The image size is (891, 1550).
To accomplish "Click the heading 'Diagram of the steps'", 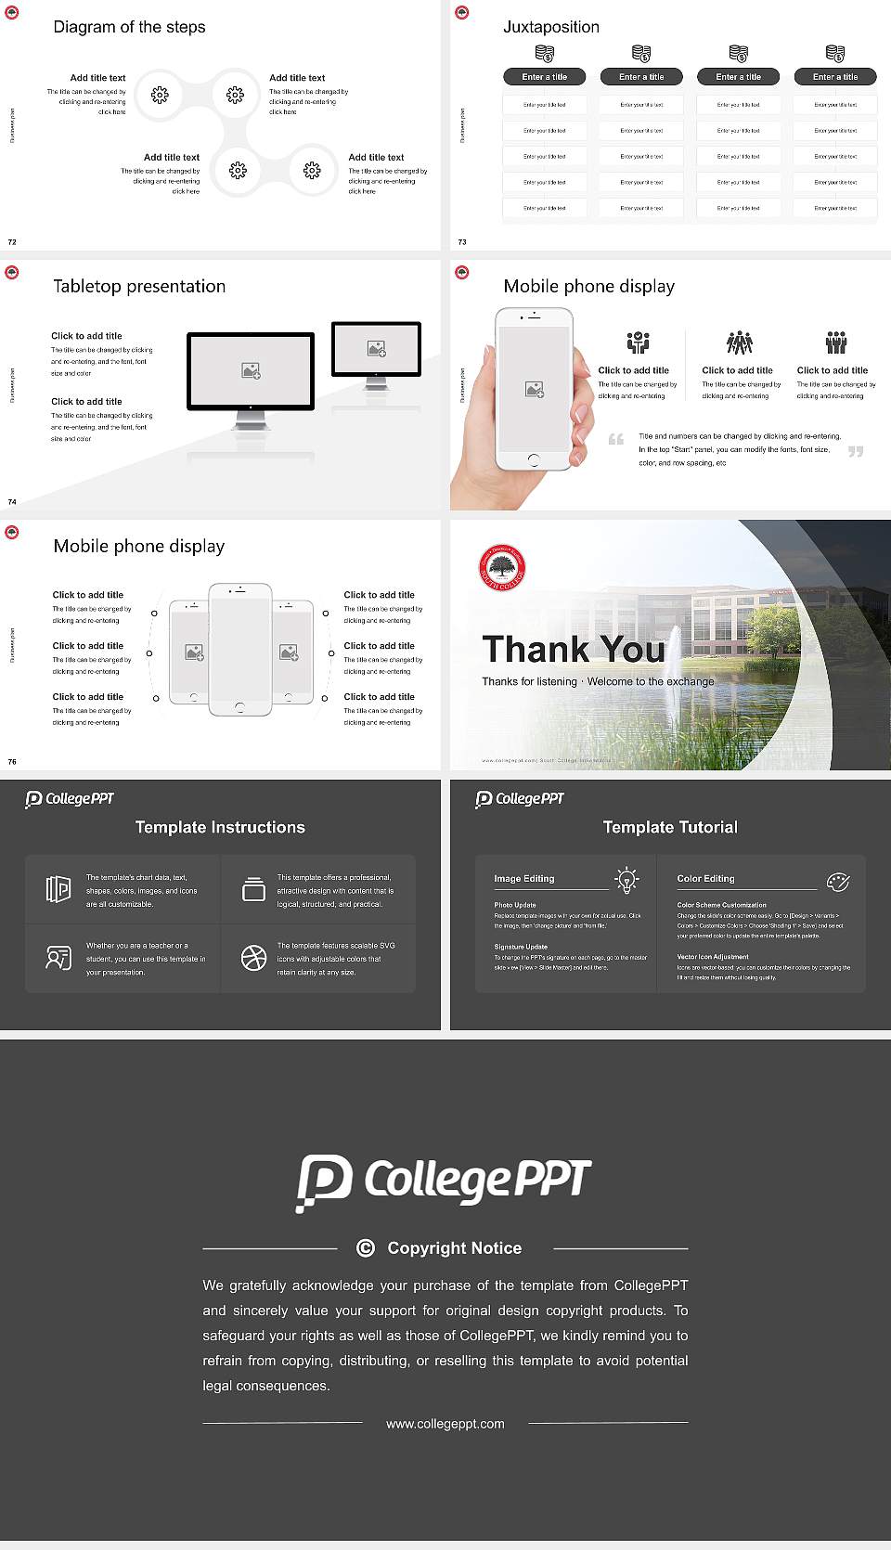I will click(x=129, y=27).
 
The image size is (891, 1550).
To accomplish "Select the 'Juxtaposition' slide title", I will click(x=550, y=27).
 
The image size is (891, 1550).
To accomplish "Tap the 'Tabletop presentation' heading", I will click(x=139, y=286).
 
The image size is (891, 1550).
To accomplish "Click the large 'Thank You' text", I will click(x=574, y=649).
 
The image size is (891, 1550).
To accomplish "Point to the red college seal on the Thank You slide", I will click(x=502, y=568).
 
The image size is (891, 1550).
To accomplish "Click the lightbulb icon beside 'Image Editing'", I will click(x=626, y=879).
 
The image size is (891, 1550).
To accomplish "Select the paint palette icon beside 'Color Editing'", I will click(x=837, y=881).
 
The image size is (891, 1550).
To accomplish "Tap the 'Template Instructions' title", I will click(x=220, y=827).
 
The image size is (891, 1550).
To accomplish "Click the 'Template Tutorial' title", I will click(x=670, y=827).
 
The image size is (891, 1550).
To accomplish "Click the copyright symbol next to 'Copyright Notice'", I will click(x=366, y=1248).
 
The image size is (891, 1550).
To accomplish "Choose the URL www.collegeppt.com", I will click(x=445, y=1424).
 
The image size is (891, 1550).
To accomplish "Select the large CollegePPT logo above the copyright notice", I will click(x=445, y=1182).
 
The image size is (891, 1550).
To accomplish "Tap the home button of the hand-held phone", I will click(x=534, y=459).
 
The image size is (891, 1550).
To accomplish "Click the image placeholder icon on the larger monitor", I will click(x=251, y=370).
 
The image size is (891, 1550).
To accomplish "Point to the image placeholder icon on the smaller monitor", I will click(x=376, y=348).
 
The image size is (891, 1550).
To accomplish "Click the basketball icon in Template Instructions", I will click(x=253, y=958).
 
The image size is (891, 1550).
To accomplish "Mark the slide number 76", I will click(x=12, y=761).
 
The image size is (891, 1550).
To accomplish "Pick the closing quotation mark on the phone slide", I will click(x=856, y=451).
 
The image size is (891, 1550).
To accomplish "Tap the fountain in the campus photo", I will click(x=675, y=641).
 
